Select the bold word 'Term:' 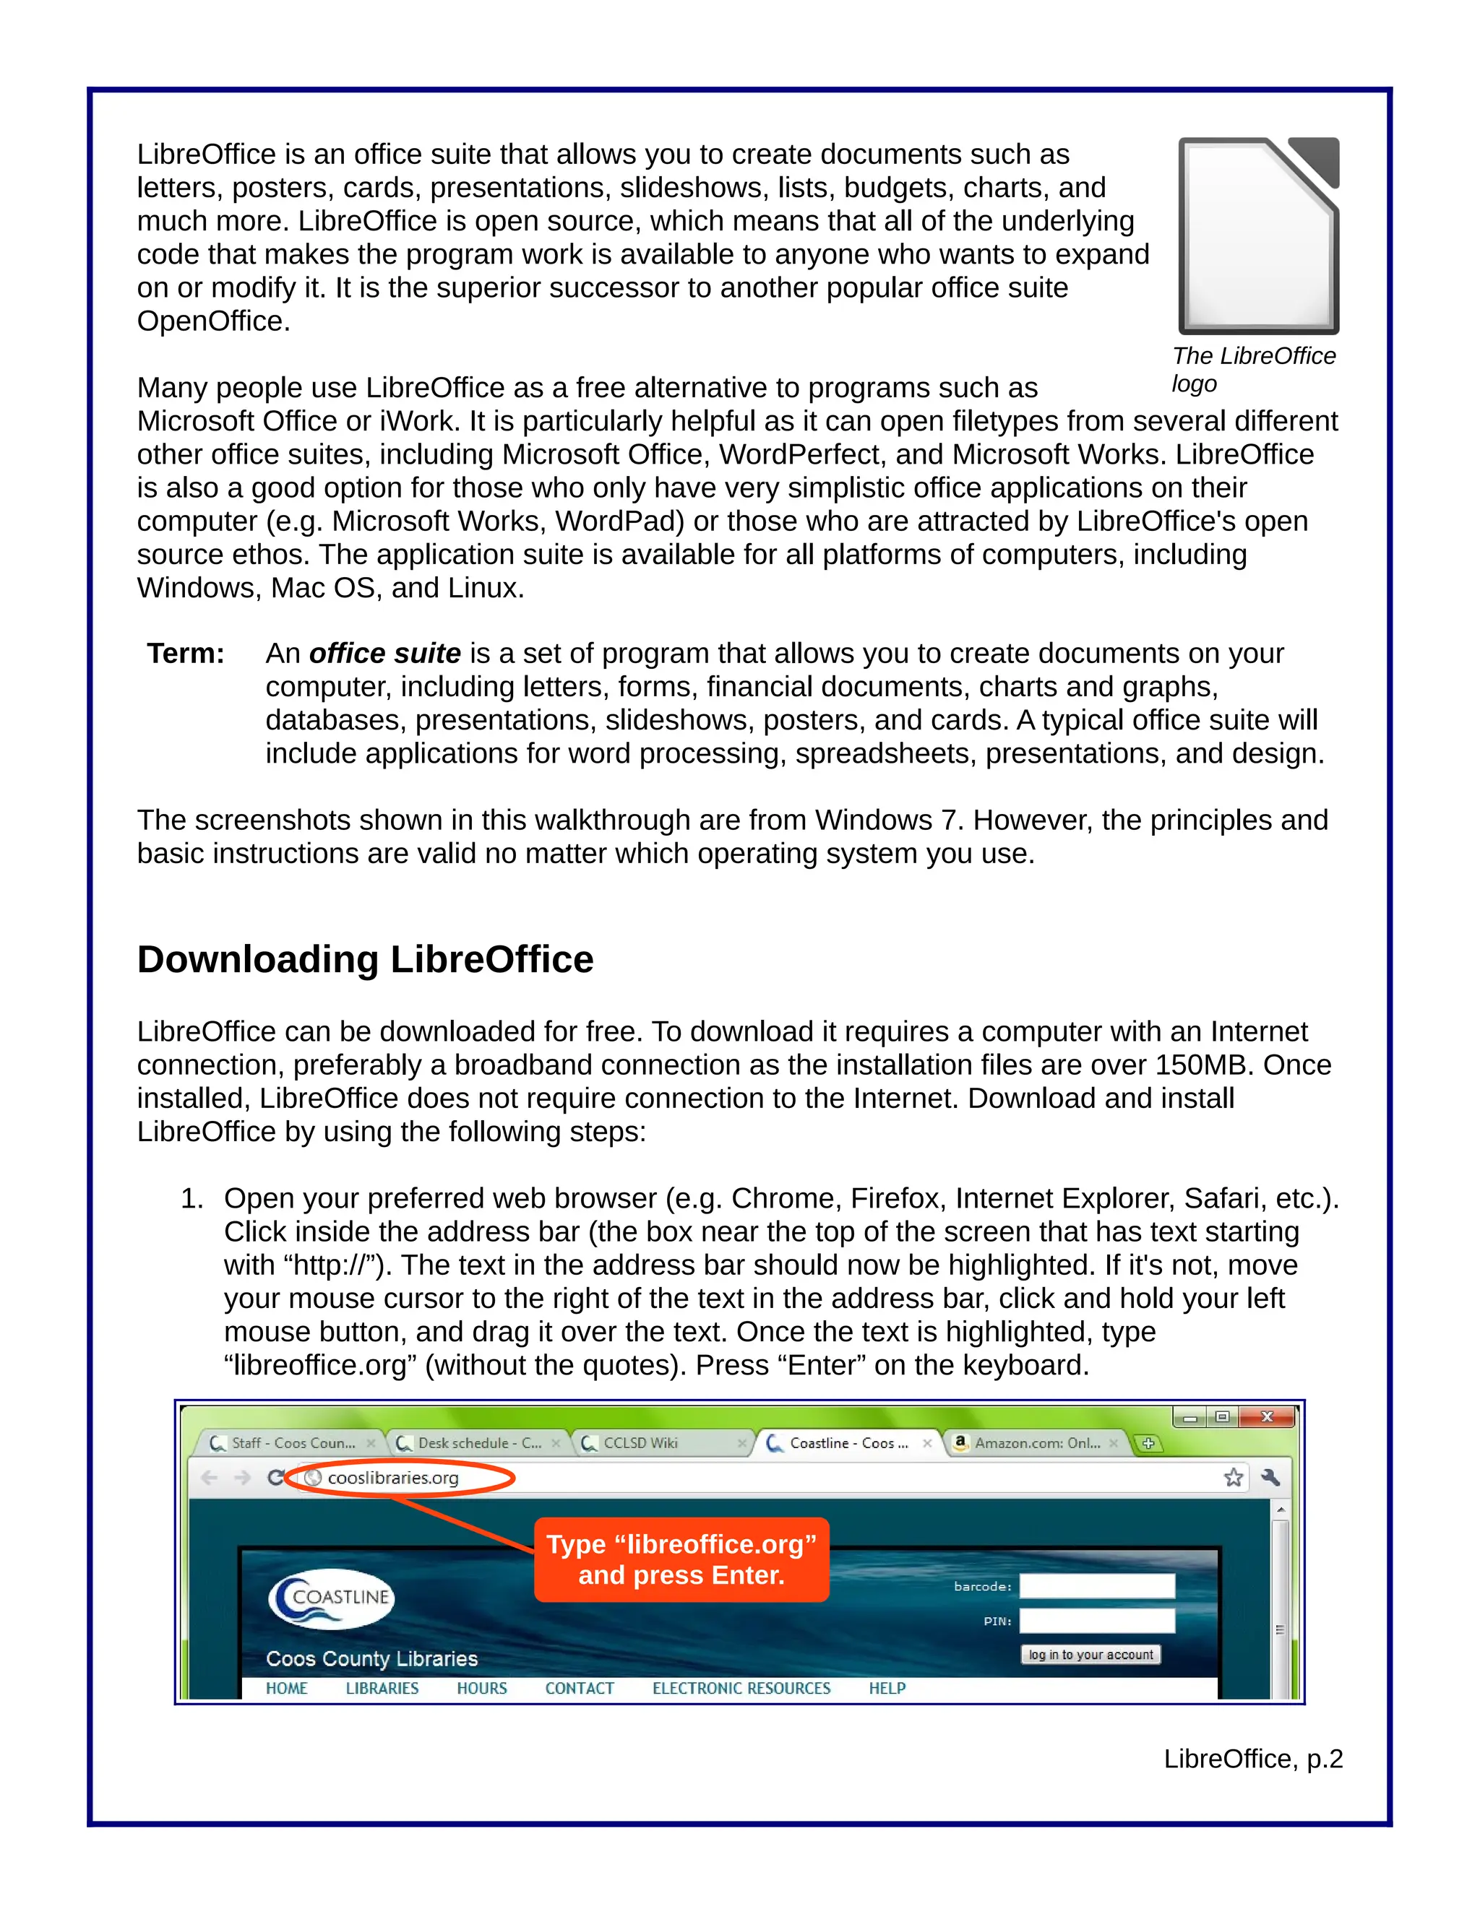coord(185,653)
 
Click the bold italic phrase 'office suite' coord(385,653)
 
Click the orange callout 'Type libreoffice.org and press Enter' coord(681,1559)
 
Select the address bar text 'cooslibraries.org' coord(393,1478)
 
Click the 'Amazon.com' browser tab coord(1035,1442)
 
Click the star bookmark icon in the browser coord(1233,1478)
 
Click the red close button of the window coord(1266,1417)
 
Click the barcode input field coord(1096,1586)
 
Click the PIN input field coord(1096,1621)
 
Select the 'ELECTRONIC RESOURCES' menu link coord(741,1688)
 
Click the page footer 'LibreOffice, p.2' coord(1252,1759)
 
